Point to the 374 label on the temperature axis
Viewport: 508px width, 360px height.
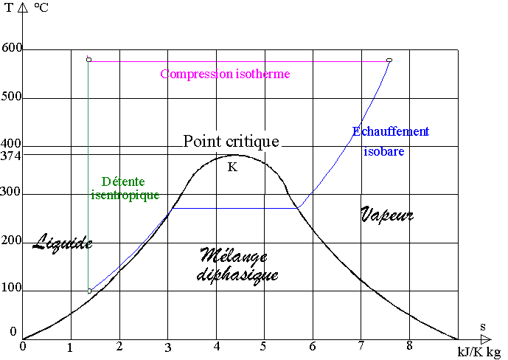11,156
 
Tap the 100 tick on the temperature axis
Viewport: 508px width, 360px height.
12,290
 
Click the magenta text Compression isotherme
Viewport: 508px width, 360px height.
225,74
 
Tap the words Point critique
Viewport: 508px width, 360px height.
232,141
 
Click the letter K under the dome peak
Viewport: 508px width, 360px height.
232,167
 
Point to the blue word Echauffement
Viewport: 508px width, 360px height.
390,131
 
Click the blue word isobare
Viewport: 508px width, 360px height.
383,151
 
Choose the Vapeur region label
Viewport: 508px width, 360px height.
387,215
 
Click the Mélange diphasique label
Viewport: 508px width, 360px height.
237,266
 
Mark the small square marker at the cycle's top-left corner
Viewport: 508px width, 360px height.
88,59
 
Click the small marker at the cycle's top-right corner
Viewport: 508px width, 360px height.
389,60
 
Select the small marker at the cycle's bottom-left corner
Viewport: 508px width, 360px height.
89,291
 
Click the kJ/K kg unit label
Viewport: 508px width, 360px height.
479,352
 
